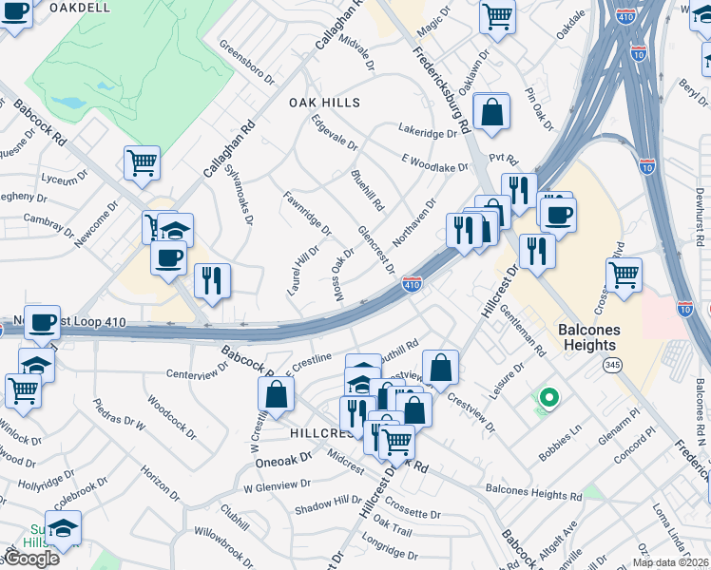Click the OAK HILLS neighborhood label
pyautogui.click(x=325, y=103)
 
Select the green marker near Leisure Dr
pyautogui.click(x=548, y=398)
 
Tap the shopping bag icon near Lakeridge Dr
pyautogui.click(x=492, y=111)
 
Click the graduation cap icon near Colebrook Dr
pyautogui.click(x=63, y=528)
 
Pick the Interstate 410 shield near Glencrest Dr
pyautogui.click(x=412, y=283)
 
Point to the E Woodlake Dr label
pyautogui.click(x=435, y=162)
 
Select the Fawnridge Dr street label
pyautogui.click(x=307, y=213)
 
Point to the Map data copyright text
pyautogui.click(x=669, y=562)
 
